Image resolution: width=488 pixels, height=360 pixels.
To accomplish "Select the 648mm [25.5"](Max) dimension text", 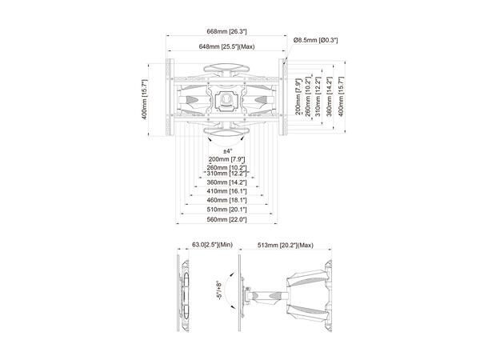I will [x=227, y=47].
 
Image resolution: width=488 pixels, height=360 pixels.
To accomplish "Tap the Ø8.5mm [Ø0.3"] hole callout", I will [x=315, y=39].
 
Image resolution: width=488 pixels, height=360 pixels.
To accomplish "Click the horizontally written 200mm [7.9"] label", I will [x=227, y=159].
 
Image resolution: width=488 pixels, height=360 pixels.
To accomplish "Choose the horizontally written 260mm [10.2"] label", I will [x=227, y=167].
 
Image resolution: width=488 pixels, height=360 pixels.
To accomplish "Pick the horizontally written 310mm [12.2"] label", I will [x=227, y=174].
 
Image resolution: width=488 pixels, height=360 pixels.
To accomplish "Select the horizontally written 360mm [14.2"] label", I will [x=227, y=183].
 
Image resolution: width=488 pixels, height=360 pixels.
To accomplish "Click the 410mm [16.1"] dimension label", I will [x=227, y=192].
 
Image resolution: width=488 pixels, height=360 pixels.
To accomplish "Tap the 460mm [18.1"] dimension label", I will [x=227, y=202].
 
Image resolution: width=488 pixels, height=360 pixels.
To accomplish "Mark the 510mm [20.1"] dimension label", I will [x=227, y=211].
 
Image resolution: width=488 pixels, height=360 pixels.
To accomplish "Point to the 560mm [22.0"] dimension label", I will [x=227, y=219].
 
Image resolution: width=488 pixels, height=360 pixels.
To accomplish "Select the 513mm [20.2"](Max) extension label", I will [x=286, y=246].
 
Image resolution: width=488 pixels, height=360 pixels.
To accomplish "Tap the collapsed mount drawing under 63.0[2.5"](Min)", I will [x=186, y=294].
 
